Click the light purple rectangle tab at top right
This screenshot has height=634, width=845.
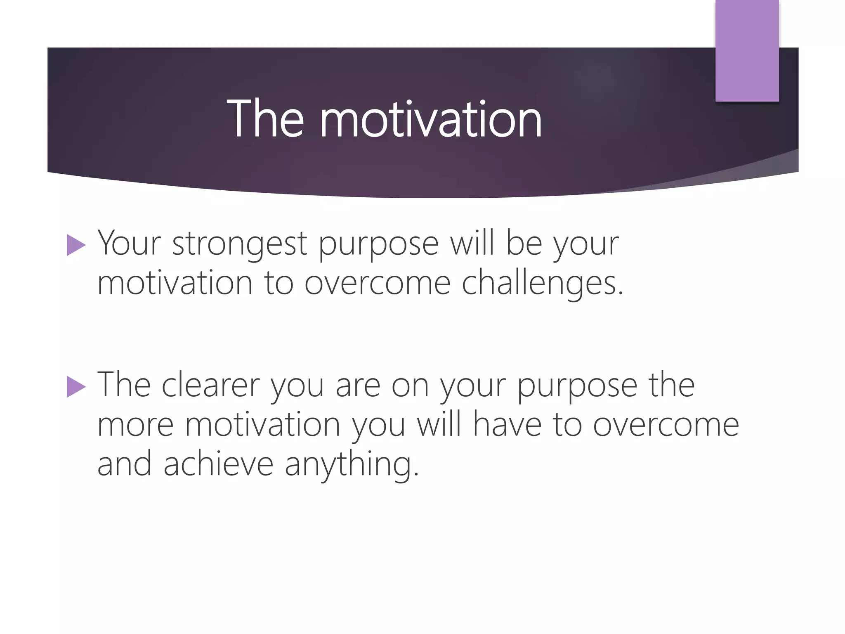click(747, 50)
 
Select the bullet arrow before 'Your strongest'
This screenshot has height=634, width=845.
click(76, 246)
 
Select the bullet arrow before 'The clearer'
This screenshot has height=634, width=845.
click(76, 388)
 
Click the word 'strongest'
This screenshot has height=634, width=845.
click(239, 244)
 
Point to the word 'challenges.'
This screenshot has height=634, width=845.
click(542, 284)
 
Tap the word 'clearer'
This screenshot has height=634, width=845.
click(210, 385)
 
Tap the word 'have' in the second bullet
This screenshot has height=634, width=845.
click(507, 425)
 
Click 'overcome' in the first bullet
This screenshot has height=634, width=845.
click(378, 284)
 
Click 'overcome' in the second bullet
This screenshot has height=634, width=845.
click(666, 425)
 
